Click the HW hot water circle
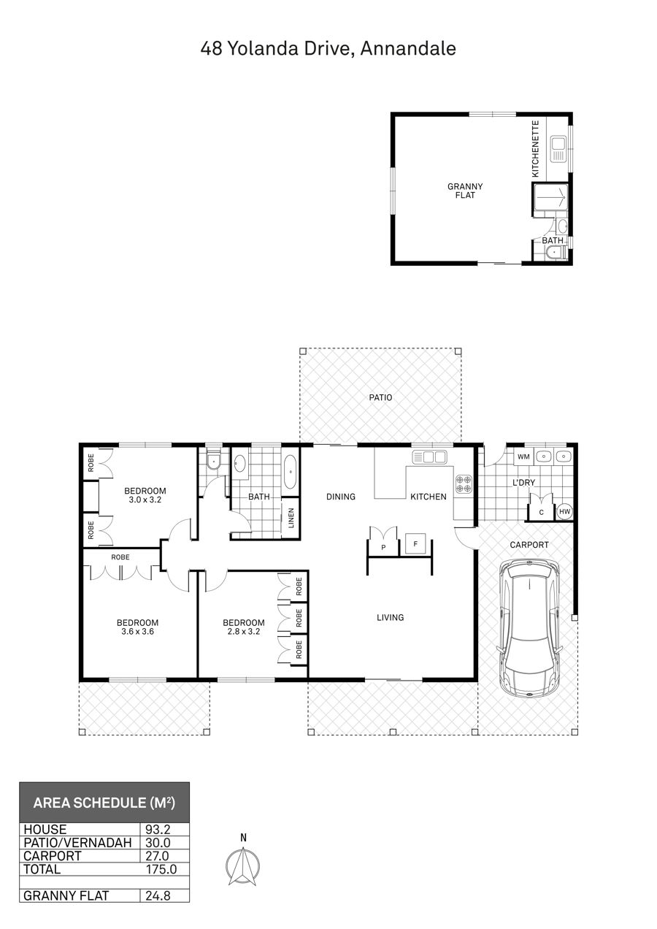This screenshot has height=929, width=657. [564, 512]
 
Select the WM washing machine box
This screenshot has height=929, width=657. [523, 456]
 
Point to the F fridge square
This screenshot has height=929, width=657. [416, 543]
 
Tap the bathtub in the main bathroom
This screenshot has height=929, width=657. [291, 472]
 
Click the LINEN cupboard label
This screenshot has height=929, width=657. [291, 519]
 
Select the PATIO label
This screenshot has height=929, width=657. [380, 397]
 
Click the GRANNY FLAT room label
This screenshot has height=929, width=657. [465, 191]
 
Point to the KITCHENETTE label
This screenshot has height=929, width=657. [536, 149]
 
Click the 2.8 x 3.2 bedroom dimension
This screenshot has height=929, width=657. [244, 632]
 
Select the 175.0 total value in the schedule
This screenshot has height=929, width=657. [161, 869]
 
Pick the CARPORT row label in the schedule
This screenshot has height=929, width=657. [53, 856]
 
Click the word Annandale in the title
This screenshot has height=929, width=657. [408, 48]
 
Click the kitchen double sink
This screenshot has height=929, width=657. [429, 457]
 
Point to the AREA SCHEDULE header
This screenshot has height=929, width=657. [104, 803]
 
